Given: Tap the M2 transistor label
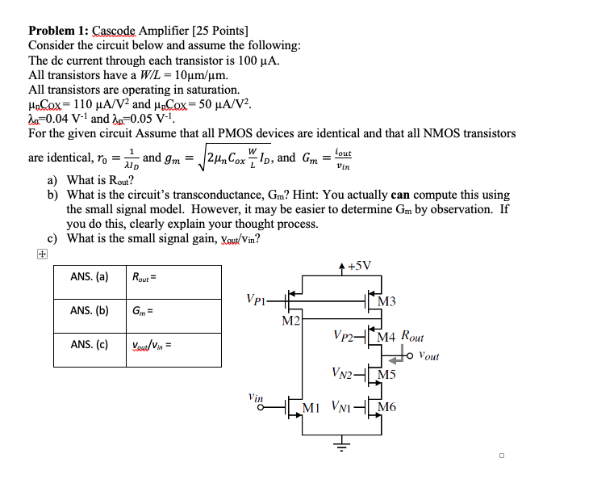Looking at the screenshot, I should (291, 321).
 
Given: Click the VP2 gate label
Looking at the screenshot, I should (345, 334).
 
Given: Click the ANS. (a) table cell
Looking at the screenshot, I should (90, 277).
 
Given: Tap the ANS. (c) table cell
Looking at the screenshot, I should (90, 345).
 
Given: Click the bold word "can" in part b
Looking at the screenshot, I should (401, 195).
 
